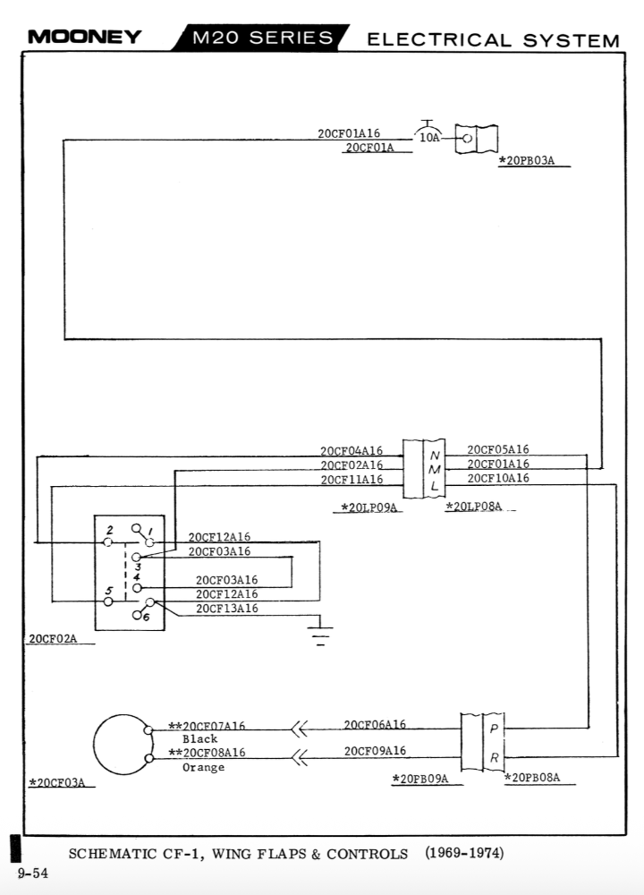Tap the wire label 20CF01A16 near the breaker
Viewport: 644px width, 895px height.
[349, 133]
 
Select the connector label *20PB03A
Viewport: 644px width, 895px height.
[526, 161]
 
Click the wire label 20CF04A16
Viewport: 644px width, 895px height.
[352, 450]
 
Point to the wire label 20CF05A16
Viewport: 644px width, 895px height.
[497, 449]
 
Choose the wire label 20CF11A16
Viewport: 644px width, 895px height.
[352, 479]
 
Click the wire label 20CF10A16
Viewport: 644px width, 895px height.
[497, 478]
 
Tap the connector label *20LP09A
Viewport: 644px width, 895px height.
[369, 507]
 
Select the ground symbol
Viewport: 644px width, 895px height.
[319, 634]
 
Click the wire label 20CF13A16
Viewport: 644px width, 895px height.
[227, 609]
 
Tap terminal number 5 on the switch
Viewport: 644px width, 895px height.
[108, 591]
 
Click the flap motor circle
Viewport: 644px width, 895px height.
[123, 745]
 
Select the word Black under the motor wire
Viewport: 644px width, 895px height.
[199, 739]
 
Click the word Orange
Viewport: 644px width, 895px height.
[203, 768]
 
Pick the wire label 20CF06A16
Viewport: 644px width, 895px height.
[375, 724]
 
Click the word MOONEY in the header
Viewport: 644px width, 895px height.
[85, 37]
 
